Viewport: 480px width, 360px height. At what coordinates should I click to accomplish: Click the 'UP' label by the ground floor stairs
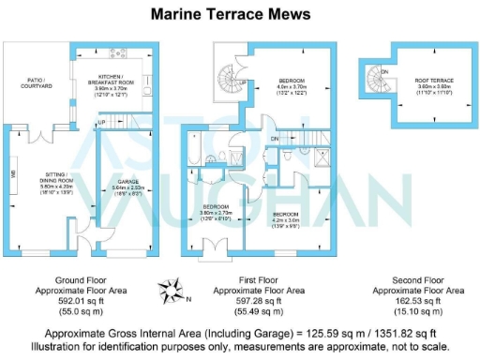pyautogui.click(x=100, y=122)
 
